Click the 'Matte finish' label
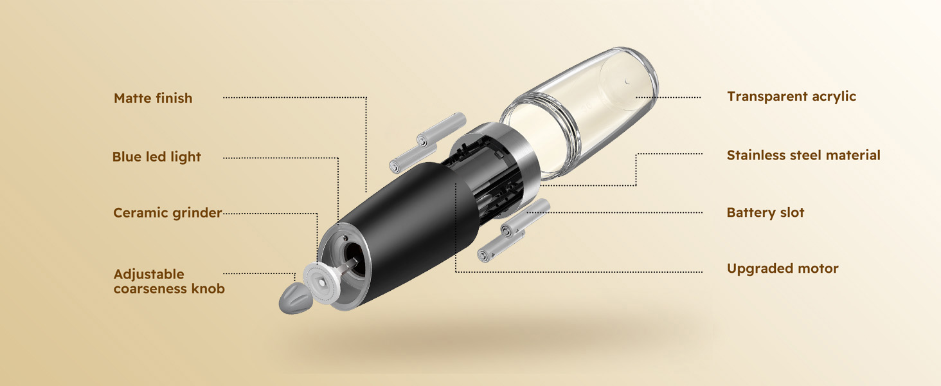coord(153,98)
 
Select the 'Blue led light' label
coord(156,157)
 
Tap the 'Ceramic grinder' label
coord(167,213)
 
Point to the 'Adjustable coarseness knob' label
coord(169,282)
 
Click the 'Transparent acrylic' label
coord(791,96)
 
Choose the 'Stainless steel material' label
coord(803,155)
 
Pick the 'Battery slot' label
coord(766,213)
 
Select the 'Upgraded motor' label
coord(782,269)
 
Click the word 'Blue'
coord(127,157)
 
